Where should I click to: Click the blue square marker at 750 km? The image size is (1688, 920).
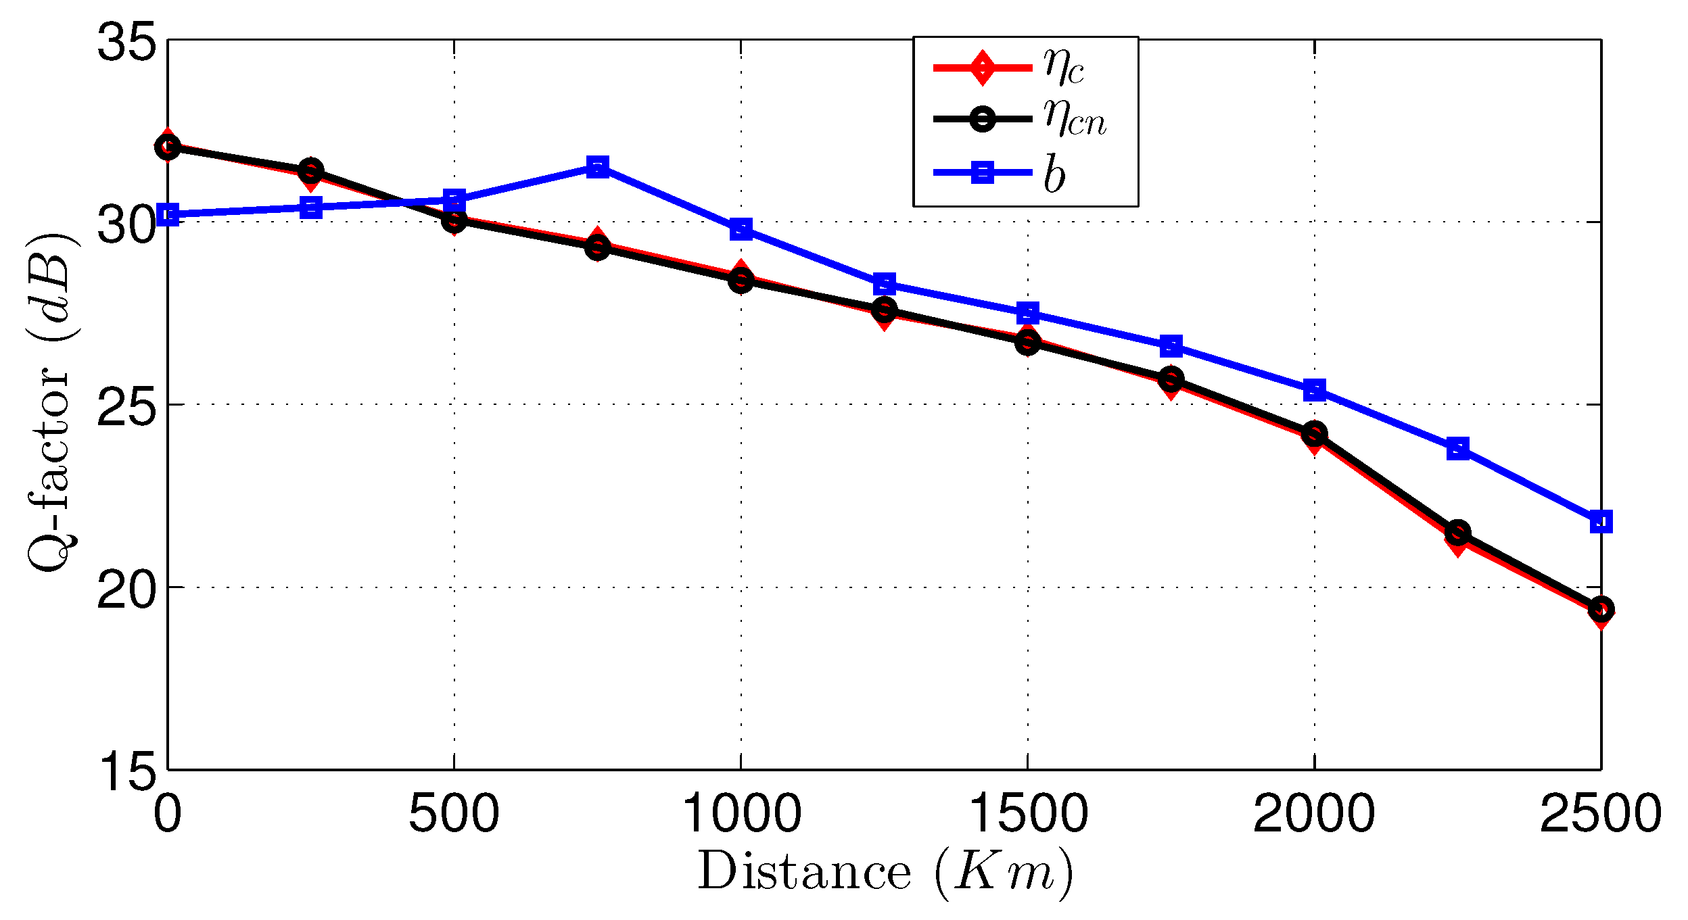click(x=597, y=166)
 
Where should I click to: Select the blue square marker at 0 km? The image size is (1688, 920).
click(x=168, y=215)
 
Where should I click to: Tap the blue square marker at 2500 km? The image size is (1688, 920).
click(x=1601, y=521)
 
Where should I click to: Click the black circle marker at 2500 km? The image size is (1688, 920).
click(x=1601, y=609)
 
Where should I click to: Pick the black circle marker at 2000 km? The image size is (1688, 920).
click(x=1314, y=433)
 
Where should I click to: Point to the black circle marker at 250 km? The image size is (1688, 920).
click(x=310, y=170)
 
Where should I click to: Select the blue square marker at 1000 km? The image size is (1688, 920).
click(x=741, y=228)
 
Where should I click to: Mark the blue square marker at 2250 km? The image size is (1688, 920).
click(x=1458, y=448)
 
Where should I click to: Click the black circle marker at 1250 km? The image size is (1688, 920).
click(x=884, y=309)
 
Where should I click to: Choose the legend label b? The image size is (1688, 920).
click(x=1054, y=174)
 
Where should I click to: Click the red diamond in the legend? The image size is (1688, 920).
click(x=982, y=67)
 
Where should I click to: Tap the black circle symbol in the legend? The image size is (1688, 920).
click(x=982, y=120)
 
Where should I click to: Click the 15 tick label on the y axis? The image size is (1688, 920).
click(x=126, y=771)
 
